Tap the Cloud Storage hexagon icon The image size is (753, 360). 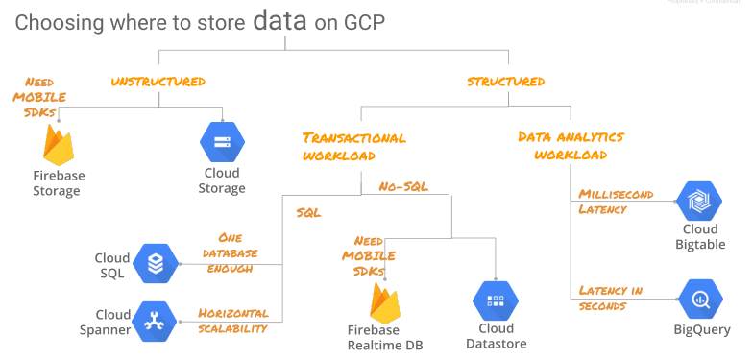tap(222, 142)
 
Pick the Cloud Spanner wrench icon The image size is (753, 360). tap(155, 322)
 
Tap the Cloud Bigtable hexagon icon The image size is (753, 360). tap(699, 201)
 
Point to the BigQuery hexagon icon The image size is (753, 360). tap(700, 299)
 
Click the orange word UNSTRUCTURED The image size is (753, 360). tap(158, 82)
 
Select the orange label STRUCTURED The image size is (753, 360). tap(505, 82)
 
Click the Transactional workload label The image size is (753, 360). tap(353, 146)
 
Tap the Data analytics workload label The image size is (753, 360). tap(571, 145)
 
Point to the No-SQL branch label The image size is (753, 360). tap(403, 186)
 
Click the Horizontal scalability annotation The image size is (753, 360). tap(232, 321)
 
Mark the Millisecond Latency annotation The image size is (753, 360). tap(616, 202)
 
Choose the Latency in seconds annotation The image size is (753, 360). tap(611, 298)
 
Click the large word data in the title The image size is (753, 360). tap(280, 21)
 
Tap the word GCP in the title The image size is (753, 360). tap(363, 23)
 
